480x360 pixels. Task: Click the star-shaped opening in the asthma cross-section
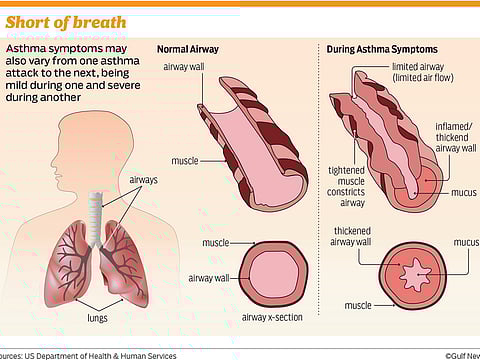click(414, 272)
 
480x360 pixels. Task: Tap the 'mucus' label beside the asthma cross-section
click(465, 243)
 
